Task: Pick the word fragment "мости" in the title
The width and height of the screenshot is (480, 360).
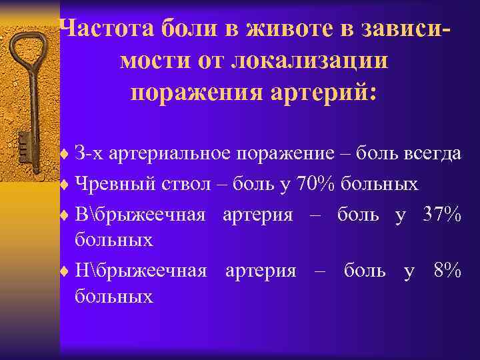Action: point(149,60)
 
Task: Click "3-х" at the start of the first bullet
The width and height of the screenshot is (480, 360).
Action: point(89,154)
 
